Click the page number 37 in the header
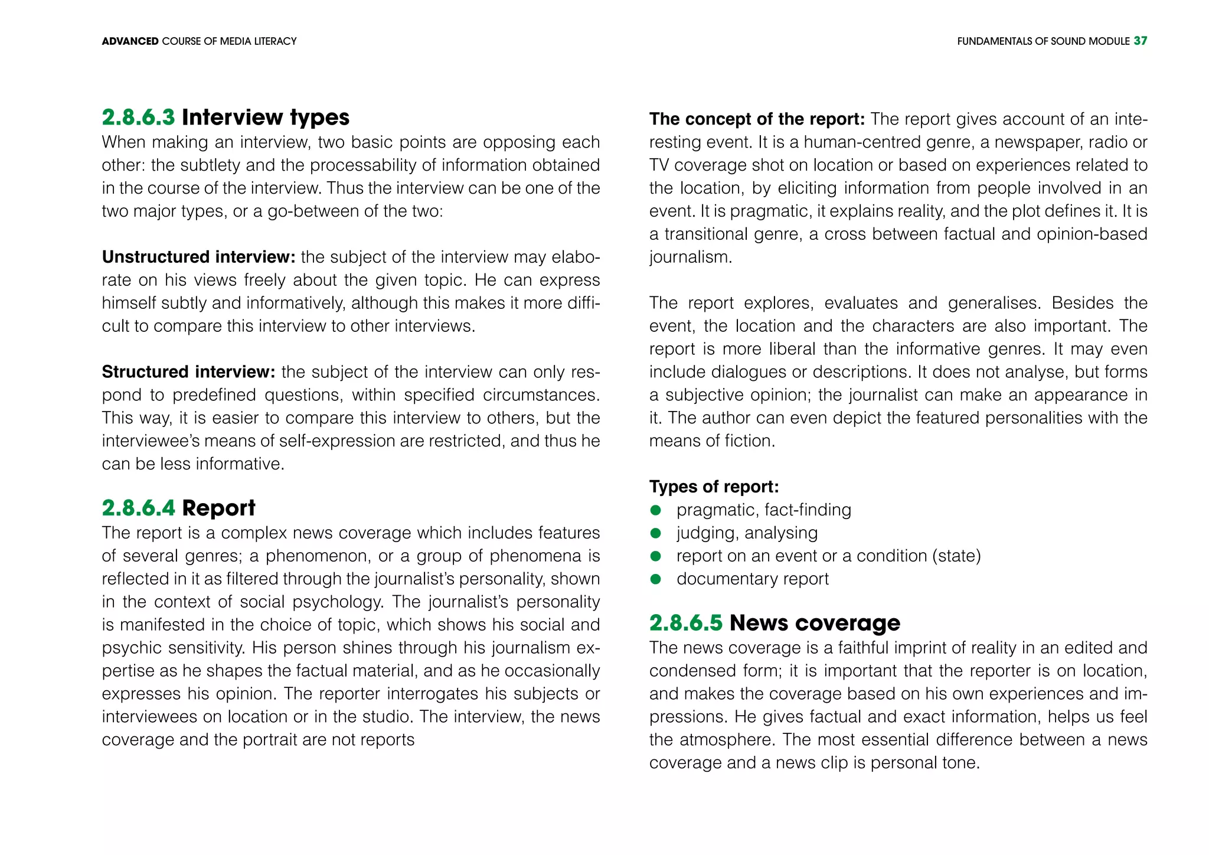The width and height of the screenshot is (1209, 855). pos(1140,41)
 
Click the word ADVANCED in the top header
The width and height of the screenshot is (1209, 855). pos(130,41)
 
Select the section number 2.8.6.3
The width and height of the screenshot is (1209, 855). pos(138,118)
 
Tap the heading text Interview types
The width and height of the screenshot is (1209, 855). pos(265,118)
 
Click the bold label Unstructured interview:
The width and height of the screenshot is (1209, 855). pos(198,257)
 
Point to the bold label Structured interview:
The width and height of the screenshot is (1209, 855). pos(188,372)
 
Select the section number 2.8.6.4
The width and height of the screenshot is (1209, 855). pos(138,508)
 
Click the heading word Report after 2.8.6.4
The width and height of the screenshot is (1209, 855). pos(218,508)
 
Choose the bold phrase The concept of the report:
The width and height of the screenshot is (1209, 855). pos(757,119)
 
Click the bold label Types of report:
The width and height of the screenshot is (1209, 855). pos(714,487)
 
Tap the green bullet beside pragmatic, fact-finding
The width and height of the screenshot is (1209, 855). pos(655,510)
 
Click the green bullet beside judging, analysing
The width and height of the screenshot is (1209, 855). pos(655,533)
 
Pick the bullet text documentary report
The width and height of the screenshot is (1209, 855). pos(752,579)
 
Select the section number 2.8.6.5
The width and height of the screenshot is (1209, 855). pos(685,623)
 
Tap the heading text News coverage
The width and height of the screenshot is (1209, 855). pos(815,623)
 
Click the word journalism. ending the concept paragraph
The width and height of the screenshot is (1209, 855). pos(690,258)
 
